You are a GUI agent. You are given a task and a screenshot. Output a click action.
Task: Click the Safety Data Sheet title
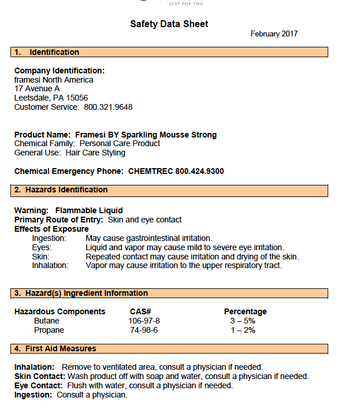point(169,24)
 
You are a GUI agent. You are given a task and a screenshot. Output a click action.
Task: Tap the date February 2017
point(274,34)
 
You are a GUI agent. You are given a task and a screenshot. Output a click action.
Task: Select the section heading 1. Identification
point(47,52)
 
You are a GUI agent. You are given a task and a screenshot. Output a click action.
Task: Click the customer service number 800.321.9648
point(108,107)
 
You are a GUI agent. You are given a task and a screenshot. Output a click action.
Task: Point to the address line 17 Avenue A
point(37,88)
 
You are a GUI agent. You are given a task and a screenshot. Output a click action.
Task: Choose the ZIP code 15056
point(77,98)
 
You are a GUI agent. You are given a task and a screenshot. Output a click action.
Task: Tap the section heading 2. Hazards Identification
point(61,190)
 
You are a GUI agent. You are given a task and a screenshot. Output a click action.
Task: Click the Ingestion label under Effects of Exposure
point(49,238)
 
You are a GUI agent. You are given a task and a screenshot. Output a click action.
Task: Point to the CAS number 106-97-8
point(144,321)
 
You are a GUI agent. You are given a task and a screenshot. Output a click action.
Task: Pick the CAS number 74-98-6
point(144,330)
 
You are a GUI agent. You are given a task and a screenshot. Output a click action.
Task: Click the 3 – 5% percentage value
point(243,321)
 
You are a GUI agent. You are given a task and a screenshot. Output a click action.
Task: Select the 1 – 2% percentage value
point(243,330)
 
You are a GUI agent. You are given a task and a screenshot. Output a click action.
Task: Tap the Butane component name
point(47,321)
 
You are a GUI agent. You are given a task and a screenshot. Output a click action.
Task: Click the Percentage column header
point(246,311)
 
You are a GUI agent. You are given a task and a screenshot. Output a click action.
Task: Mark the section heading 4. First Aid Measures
point(55,348)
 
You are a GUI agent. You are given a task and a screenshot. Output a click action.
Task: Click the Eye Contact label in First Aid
point(38,385)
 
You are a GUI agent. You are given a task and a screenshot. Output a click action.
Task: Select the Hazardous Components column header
point(60,311)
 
